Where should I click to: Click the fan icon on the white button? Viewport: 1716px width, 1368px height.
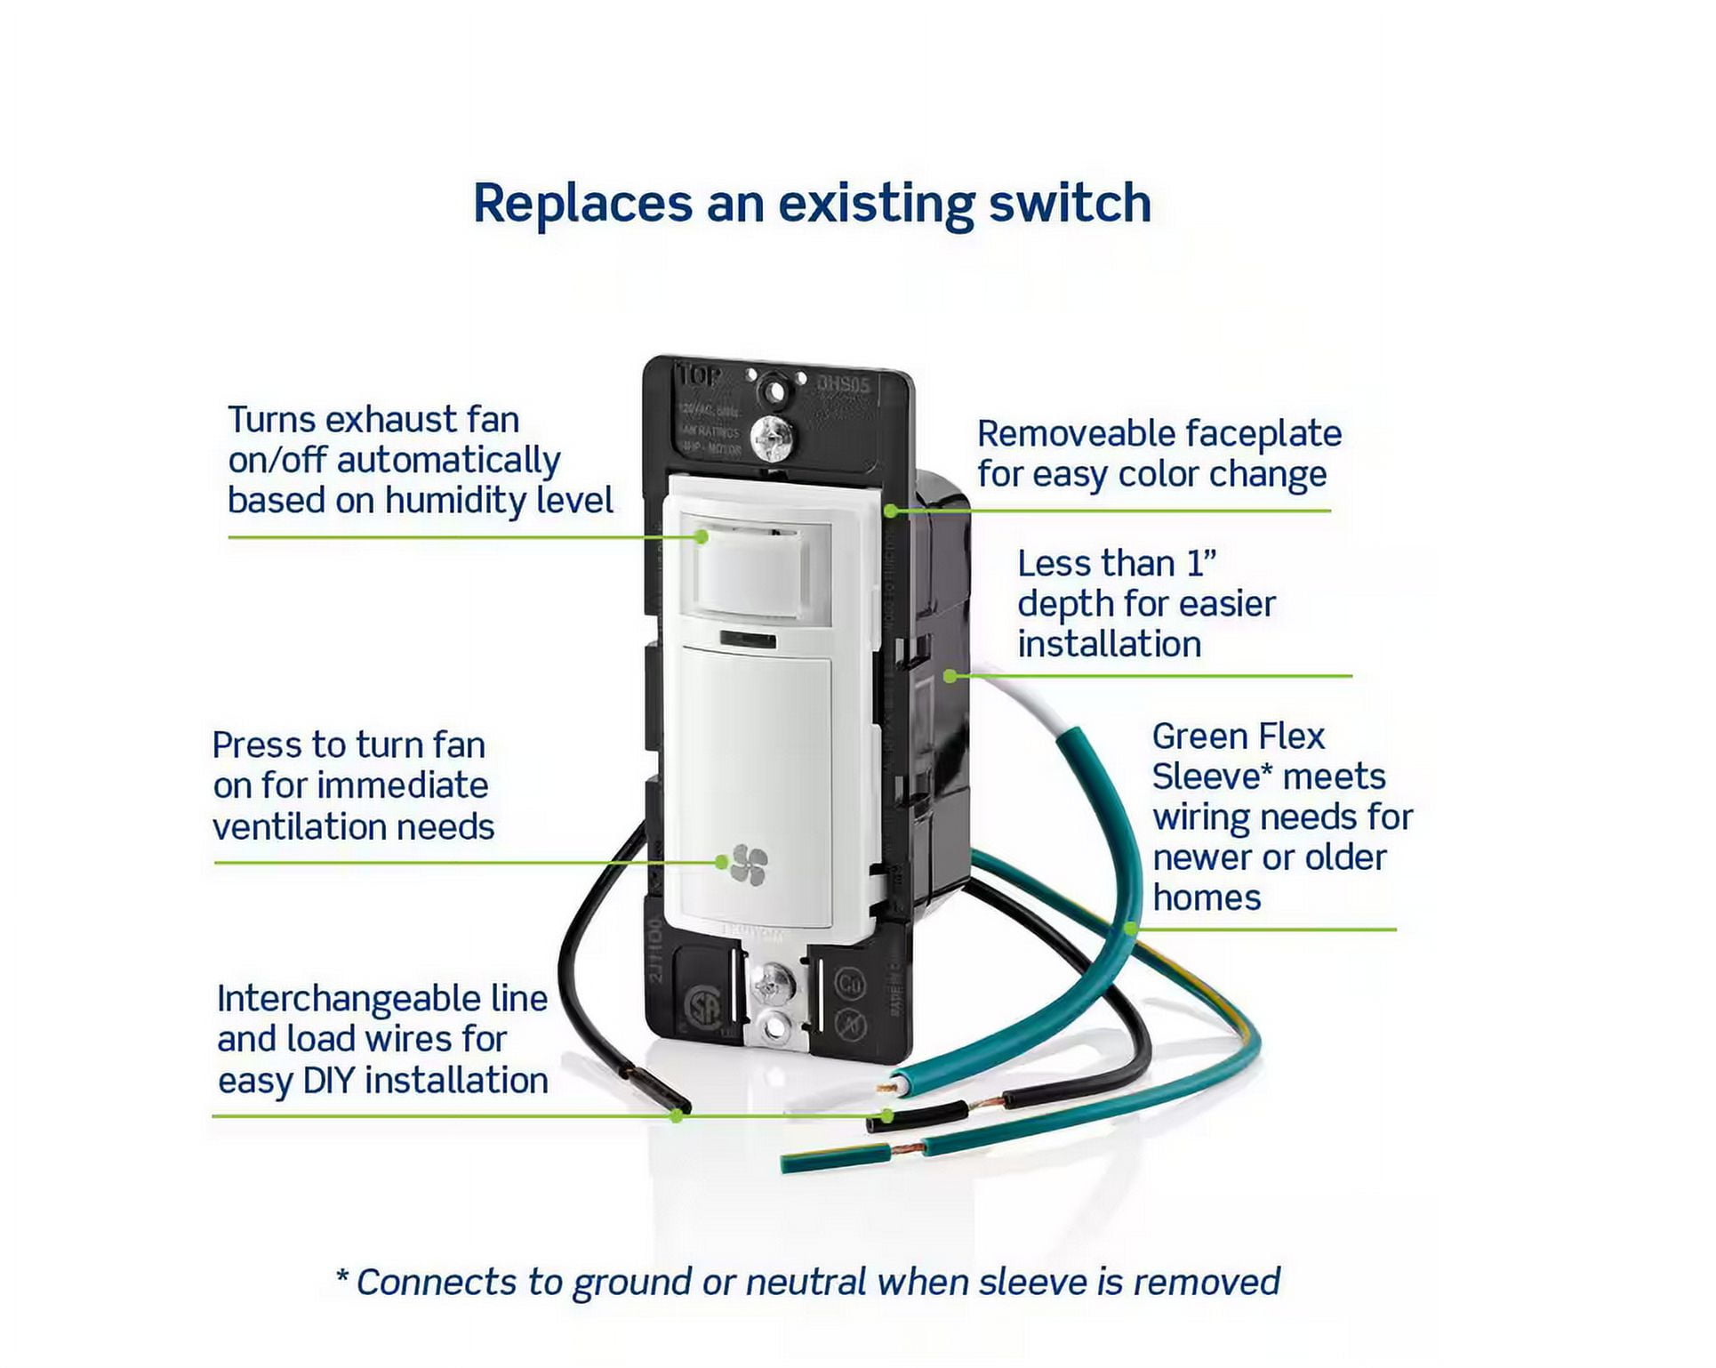point(749,864)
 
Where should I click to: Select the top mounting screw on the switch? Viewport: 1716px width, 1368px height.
point(772,437)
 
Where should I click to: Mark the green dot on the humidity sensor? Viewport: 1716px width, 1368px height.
point(702,537)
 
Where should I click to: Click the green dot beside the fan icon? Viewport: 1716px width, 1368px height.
point(722,862)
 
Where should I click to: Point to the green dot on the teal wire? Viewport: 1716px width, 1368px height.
point(1130,929)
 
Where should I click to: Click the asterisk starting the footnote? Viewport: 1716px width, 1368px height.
point(342,1278)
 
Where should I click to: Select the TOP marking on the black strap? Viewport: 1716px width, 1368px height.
point(698,376)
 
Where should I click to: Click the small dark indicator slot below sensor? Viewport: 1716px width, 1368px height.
point(747,640)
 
